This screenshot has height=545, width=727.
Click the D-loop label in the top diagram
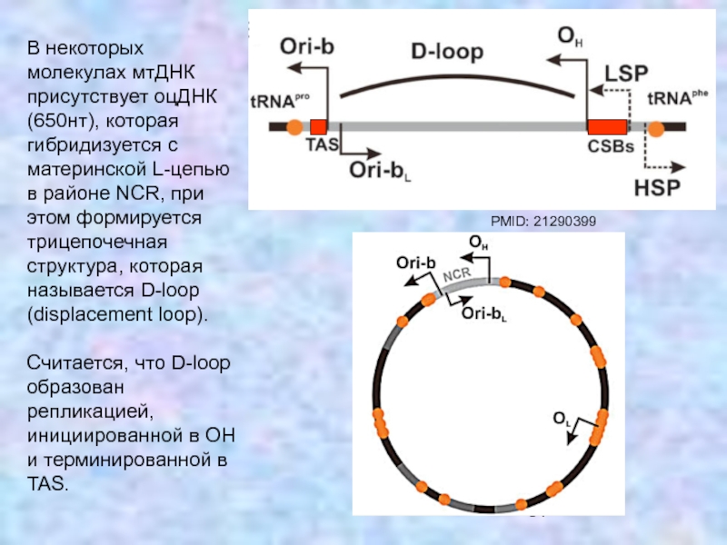446,53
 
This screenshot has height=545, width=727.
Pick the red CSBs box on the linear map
606,127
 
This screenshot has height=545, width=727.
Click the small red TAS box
318,127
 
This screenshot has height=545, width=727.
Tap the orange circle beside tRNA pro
294,127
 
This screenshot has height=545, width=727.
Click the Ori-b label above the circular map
415,263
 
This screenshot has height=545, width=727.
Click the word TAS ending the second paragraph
48,481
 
